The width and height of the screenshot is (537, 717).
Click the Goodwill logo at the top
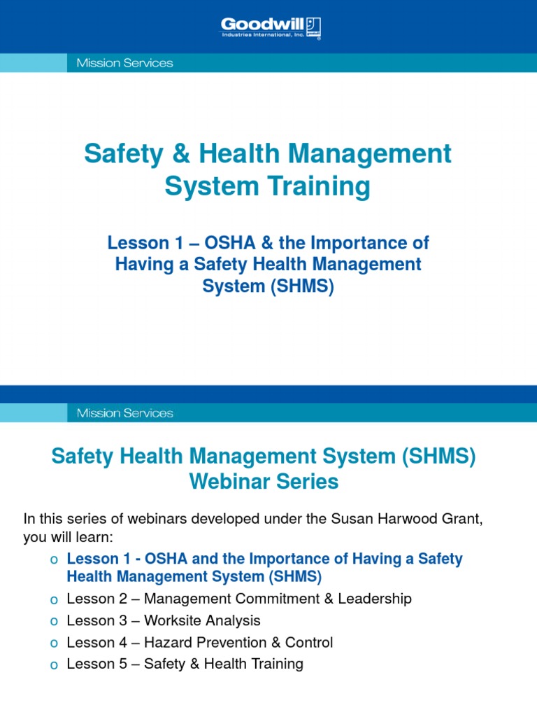tap(271, 28)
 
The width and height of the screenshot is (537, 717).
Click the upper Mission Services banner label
tap(120, 63)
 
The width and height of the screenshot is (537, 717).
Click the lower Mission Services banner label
tap(120, 413)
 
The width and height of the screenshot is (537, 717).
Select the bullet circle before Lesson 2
tap(54, 600)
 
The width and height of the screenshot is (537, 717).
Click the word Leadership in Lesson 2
tap(377, 599)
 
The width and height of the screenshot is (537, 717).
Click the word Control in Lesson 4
tap(310, 642)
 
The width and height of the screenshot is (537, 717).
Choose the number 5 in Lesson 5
tap(122, 664)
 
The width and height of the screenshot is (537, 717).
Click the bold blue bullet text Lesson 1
tap(94, 559)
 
